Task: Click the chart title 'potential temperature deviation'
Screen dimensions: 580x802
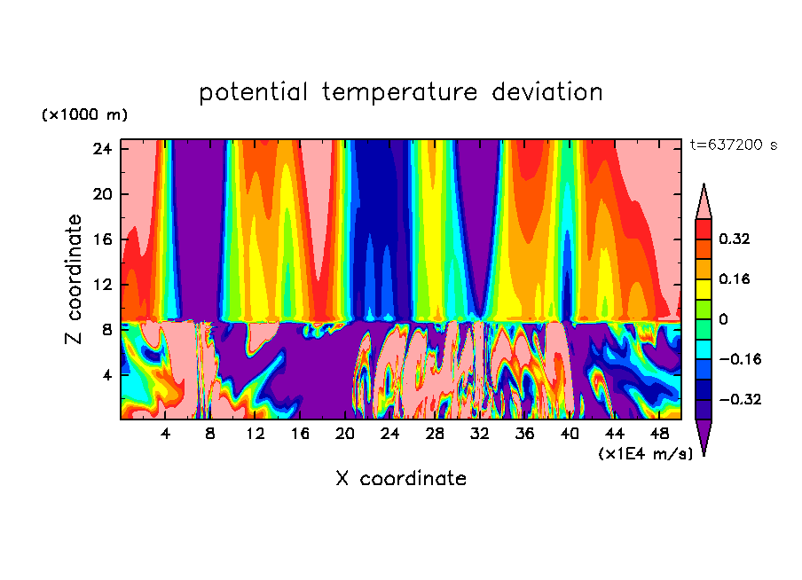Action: [x=401, y=92]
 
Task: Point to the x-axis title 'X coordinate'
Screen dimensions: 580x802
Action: [x=401, y=479]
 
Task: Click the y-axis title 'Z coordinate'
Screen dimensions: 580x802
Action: [x=75, y=279]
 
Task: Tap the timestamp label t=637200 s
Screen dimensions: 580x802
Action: [x=733, y=145]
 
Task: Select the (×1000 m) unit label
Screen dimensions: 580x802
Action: [x=84, y=115]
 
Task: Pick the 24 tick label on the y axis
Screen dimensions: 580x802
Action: [x=100, y=149]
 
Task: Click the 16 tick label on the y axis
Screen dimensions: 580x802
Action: [x=100, y=239]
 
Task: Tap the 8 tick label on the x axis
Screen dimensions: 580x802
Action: [x=210, y=435]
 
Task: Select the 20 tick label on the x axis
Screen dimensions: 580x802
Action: [x=345, y=435]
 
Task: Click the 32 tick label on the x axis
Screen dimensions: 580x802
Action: [x=480, y=435]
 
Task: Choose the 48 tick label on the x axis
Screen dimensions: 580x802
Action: [x=659, y=435]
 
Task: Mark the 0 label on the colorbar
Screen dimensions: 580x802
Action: [x=723, y=319]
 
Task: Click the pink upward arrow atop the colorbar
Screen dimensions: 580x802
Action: [x=704, y=203]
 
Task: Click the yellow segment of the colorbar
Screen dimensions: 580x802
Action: [x=704, y=288]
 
